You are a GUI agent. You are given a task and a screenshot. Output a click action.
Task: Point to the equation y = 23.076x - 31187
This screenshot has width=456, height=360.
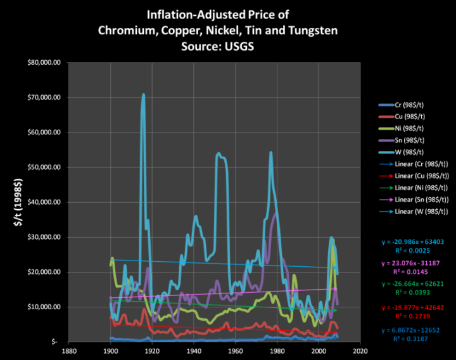(x=411, y=262)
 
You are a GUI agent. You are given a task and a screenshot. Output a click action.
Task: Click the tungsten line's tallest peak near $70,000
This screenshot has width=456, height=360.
(x=143, y=95)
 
